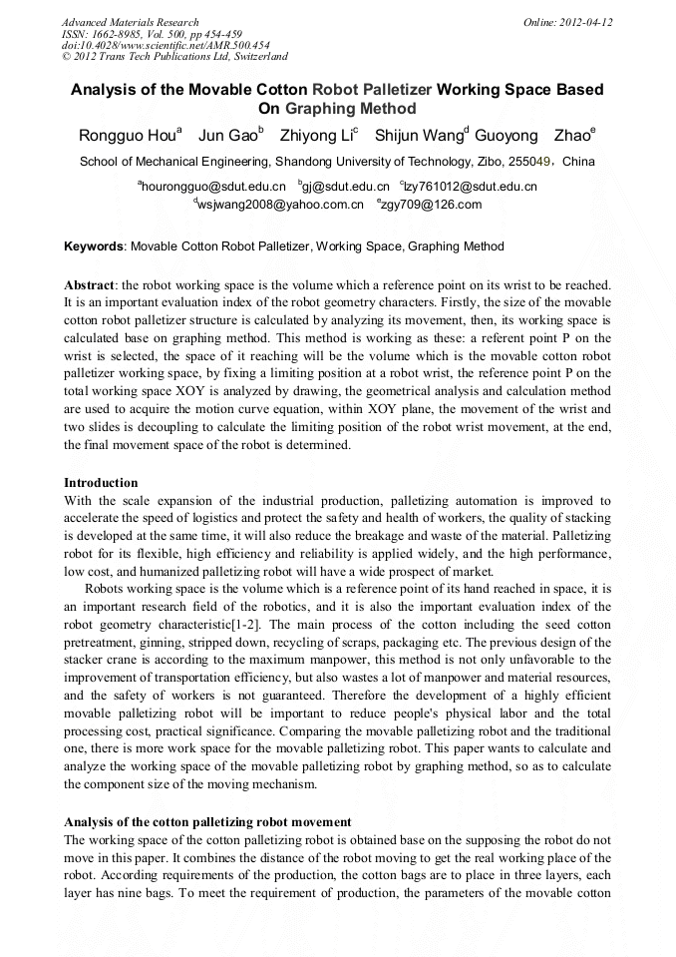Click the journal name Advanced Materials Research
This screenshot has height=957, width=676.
point(130,22)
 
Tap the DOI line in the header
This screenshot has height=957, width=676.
point(166,45)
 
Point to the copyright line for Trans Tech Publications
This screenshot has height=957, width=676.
point(174,57)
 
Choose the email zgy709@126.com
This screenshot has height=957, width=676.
point(418,205)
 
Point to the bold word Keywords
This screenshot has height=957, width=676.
point(95,246)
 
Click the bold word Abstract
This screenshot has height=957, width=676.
point(89,285)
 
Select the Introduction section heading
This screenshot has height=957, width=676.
point(101,482)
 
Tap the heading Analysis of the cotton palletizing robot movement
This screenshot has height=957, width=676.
point(207,821)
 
